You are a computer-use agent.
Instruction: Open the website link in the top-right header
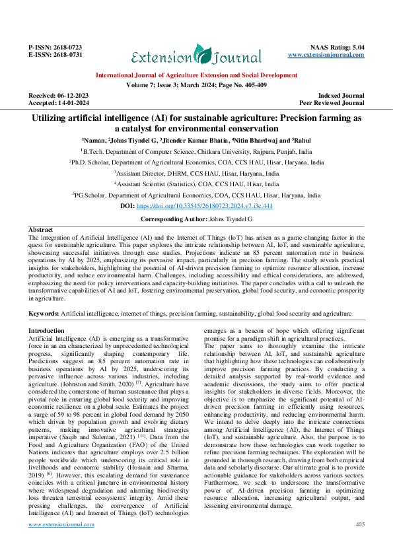[333, 55]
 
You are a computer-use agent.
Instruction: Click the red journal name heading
[196, 76]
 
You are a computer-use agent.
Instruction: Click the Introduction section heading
[47, 330]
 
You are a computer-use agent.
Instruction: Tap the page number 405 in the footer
[360, 543]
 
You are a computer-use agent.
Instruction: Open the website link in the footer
[61, 543]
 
